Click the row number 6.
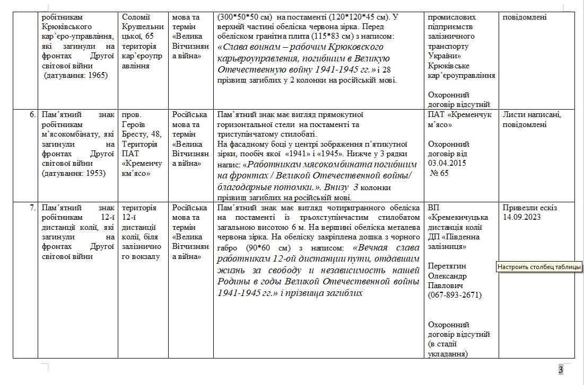[32, 114]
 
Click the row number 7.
[32, 208]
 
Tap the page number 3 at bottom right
[560, 370]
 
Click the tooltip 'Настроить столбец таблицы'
[539, 267]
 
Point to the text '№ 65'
[440, 173]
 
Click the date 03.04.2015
[447, 163]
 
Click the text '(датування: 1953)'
[73, 173]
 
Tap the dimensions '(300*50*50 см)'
[246, 17]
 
